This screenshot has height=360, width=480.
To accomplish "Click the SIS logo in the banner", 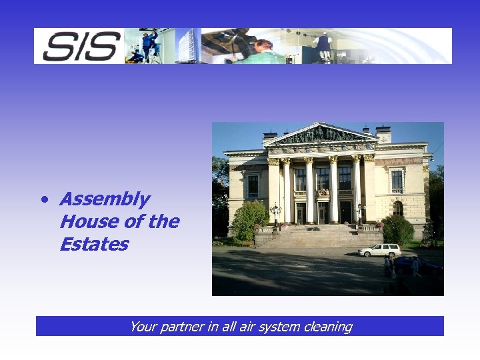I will click(81, 46).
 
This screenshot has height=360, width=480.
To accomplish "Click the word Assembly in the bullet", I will click(105, 199).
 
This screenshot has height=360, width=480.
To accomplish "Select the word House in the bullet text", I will click(87, 221).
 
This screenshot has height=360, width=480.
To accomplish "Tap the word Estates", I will click(93, 244).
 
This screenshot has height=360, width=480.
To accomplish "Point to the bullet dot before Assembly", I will click(43, 199).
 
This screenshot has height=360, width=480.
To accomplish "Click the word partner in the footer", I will click(181, 327).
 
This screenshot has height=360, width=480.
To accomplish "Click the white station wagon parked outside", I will click(379, 250).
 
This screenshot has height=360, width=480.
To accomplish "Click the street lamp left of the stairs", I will click(275, 215).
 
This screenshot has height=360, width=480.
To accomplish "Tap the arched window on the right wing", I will click(398, 208).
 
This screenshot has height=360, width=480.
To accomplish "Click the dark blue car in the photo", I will click(417, 265).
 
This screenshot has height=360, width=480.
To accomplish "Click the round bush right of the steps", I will click(398, 230).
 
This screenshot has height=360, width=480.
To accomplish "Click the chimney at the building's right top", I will click(383, 133).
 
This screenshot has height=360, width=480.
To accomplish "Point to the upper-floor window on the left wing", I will click(253, 185).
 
